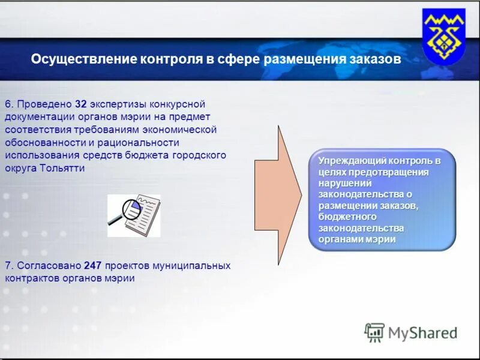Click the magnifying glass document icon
pyautogui.click(x=134, y=214)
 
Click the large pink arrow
pyautogui.click(x=278, y=195)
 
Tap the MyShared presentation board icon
pyautogui.click(x=374, y=332)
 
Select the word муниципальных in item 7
pyautogui.click(x=191, y=265)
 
